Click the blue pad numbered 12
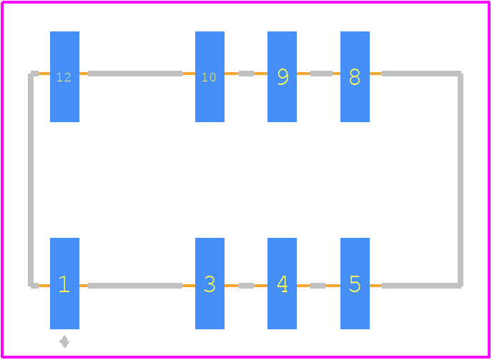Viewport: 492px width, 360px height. click(x=64, y=76)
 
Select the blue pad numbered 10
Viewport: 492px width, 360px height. click(x=210, y=76)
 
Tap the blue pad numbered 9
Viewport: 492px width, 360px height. click(x=282, y=76)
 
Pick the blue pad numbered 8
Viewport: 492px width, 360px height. click(x=355, y=76)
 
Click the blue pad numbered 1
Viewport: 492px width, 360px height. click(x=64, y=284)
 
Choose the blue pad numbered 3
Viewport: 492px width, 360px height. click(x=210, y=284)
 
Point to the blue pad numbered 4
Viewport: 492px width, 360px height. click(x=282, y=284)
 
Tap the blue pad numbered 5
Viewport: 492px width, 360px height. click(x=355, y=284)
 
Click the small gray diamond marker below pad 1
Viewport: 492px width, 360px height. click(x=64, y=341)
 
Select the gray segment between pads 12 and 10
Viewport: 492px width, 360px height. click(x=135, y=74)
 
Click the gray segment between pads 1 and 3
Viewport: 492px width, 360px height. click(x=135, y=286)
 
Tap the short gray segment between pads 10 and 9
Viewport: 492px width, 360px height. click(x=246, y=74)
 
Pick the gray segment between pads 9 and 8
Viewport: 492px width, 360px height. click(x=321, y=74)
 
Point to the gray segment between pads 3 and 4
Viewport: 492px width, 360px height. click(x=246, y=286)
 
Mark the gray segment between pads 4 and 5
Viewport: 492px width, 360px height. click(x=318, y=286)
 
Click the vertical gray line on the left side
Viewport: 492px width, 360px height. click(x=31, y=179)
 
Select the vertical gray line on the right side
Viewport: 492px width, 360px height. click(x=461, y=179)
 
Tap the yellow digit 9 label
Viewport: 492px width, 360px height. click(x=283, y=76)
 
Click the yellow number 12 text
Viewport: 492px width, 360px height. click(x=64, y=77)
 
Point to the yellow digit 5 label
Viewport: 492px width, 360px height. click(x=355, y=284)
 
